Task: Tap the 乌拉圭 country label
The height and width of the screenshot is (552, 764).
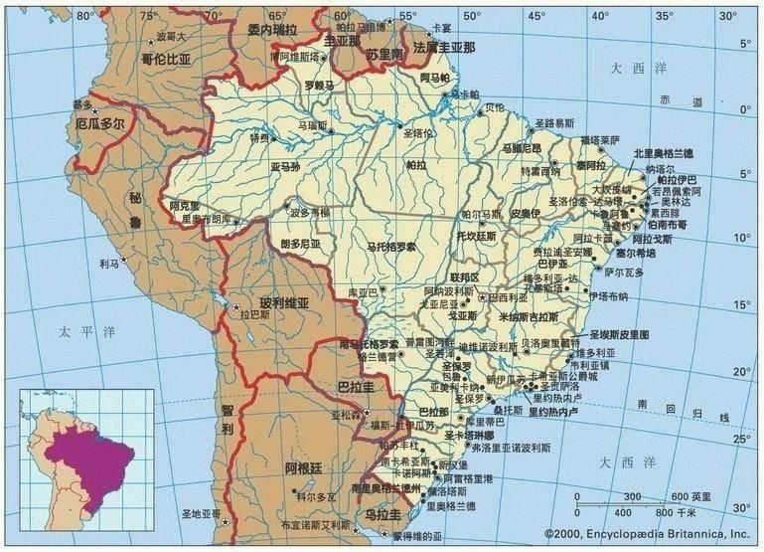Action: (x=382, y=514)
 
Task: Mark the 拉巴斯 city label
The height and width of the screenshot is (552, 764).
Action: (x=255, y=314)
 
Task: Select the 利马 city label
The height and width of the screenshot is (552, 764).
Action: (x=108, y=265)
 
